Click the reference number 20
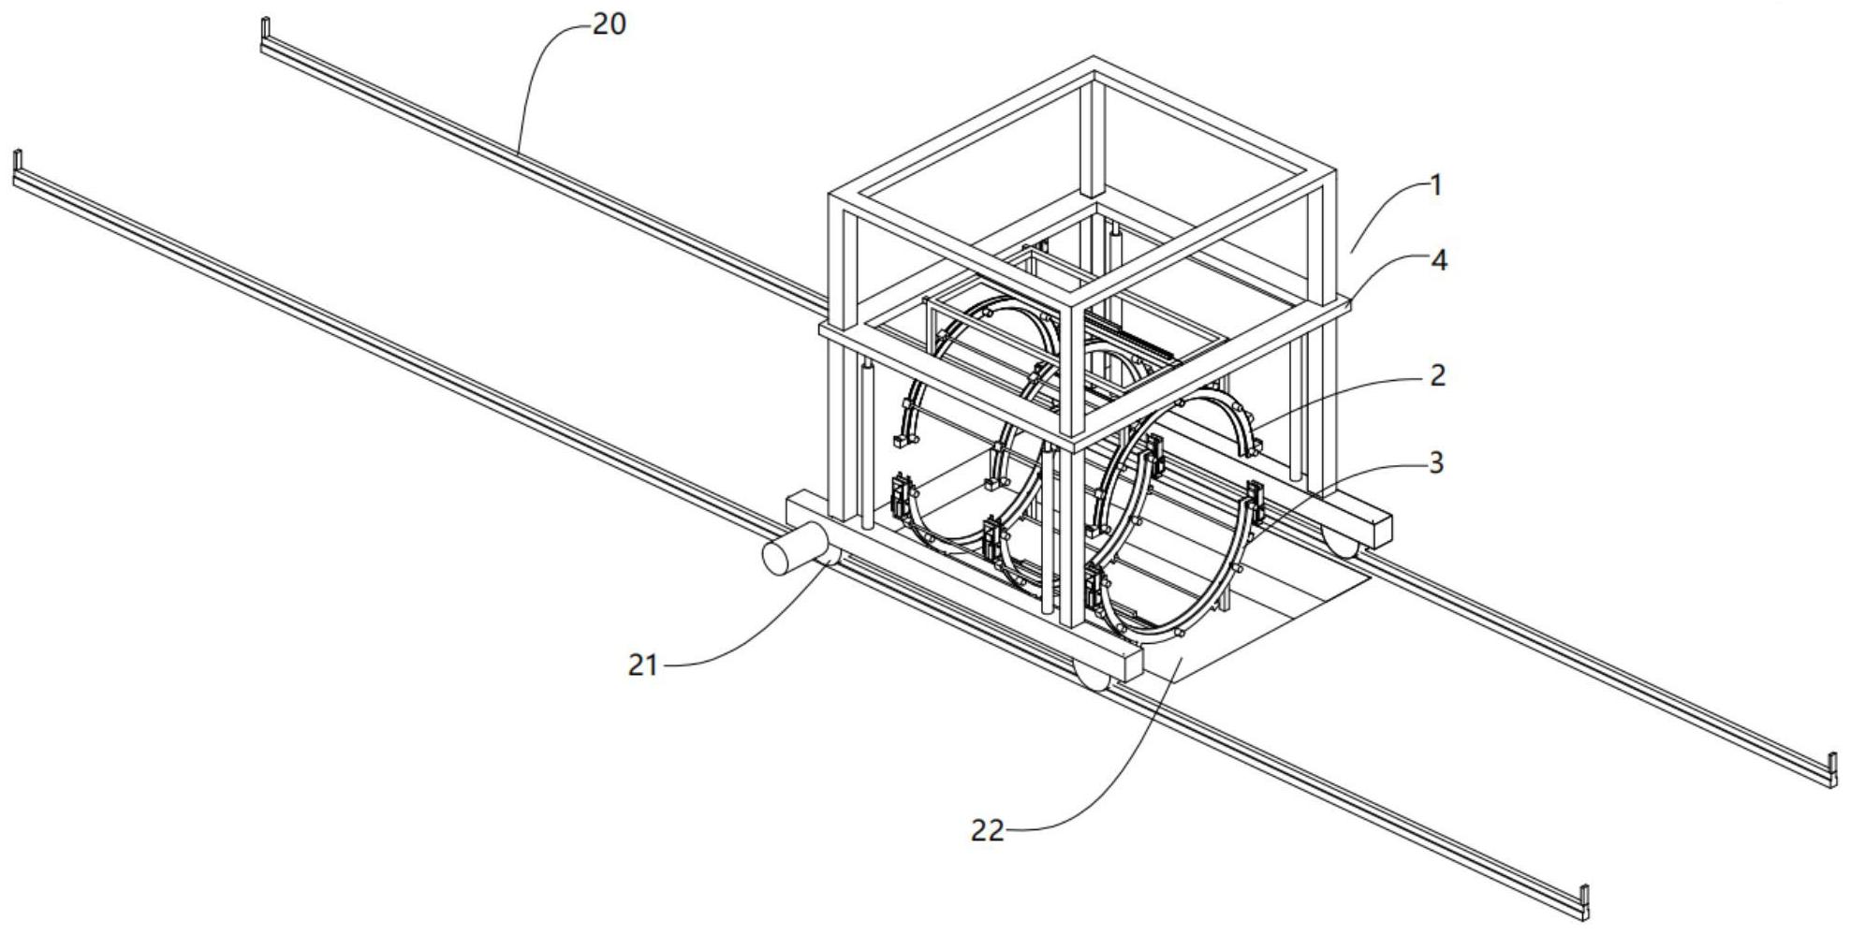pyautogui.click(x=610, y=24)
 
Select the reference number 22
pyautogui.click(x=987, y=830)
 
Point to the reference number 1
pyautogui.click(x=1436, y=185)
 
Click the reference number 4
pyautogui.click(x=1440, y=261)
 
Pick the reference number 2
pyautogui.click(x=1438, y=375)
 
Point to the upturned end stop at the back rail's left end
pyautogui.click(x=265, y=34)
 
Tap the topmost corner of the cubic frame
pyautogui.click(x=1092, y=59)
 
